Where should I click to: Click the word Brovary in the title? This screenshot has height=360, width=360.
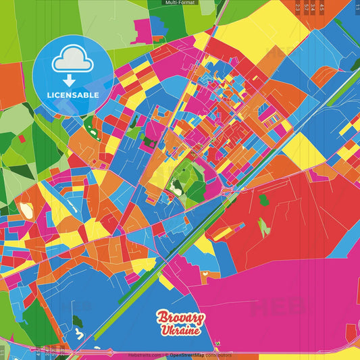[179, 317]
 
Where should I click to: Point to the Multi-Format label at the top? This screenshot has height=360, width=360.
[180, 3]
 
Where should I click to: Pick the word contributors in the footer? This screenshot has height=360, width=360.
[218, 354]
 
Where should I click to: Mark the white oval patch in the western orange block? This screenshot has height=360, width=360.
[27, 211]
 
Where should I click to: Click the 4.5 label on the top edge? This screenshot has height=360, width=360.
[322, 6]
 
